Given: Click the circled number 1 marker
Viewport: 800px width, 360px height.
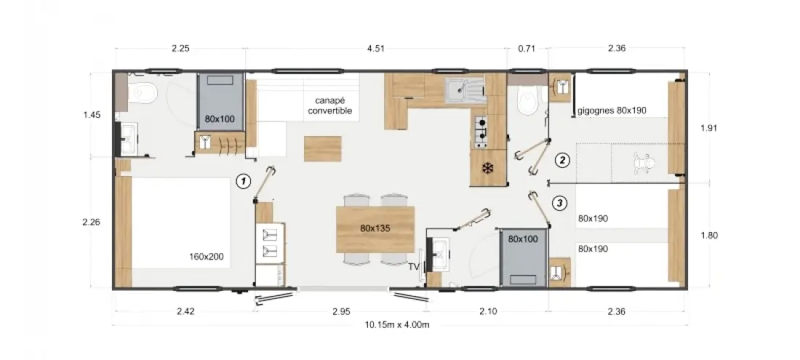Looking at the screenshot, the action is pyautogui.click(x=244, y=181).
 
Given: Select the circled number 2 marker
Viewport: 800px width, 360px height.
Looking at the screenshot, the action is pyautogui.click(x=562, y=161).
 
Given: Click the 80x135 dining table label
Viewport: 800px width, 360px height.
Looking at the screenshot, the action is pyautogui.click(x=375, y=228).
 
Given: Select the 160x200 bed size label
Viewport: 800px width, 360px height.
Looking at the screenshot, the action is pyautogui.click(x=206, y=257).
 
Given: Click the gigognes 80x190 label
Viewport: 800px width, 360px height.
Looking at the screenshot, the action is pyautogui.click(x=612, y=110).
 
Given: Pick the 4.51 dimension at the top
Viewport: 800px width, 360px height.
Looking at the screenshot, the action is pyautogui.click(x=375, y=49).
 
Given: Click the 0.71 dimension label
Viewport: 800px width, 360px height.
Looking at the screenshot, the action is pyautogui.click(x=526, y=49).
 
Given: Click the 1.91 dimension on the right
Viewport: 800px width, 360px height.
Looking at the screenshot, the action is pyautogui.click(x=709, y=128).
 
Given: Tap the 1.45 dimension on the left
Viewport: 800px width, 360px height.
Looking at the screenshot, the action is pyautogui.click(x=92, y=115).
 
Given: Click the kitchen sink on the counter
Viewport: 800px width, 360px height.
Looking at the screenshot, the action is pyautogui.click(x=463, y=90).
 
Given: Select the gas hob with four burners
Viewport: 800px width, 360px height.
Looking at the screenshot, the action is pyautogui.click(x=481, y=130).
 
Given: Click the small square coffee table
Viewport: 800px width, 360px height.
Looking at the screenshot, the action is pyautogui.click(x=322, y=148).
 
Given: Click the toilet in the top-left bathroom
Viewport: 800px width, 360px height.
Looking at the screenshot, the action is pyautogui.click(x=142, y=93).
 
